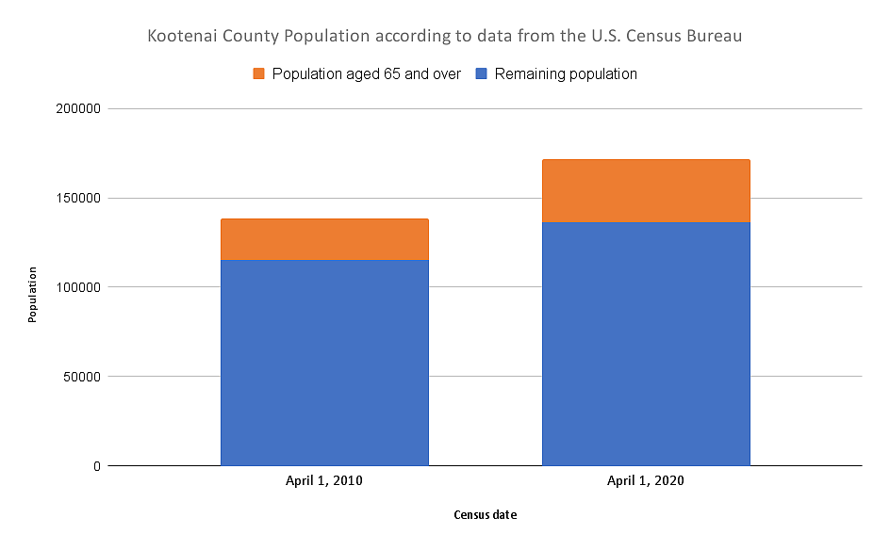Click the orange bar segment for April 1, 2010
(x=324, y=239)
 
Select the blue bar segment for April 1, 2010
(x=324, y=363)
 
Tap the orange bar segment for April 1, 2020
(x=646, y=191)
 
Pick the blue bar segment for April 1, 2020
(x=646, y=344)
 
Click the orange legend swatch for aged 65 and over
(x=259, y=73)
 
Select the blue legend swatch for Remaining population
(x=482, y=73)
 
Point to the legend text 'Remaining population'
(x=566, y=73)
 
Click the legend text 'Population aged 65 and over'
(x=366, y=73)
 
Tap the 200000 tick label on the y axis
(x=78, y=109)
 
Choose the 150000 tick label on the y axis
(x=78, y=199)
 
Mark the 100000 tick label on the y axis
(x=78, y=287)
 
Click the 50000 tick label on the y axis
(x=82, y=377)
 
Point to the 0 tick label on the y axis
(x=97, y=466)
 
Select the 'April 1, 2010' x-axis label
(x=324, y=481)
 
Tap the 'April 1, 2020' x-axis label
(x=646, y=481)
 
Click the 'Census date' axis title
(x=485, y=515)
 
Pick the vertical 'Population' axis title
(x=32, y=296)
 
